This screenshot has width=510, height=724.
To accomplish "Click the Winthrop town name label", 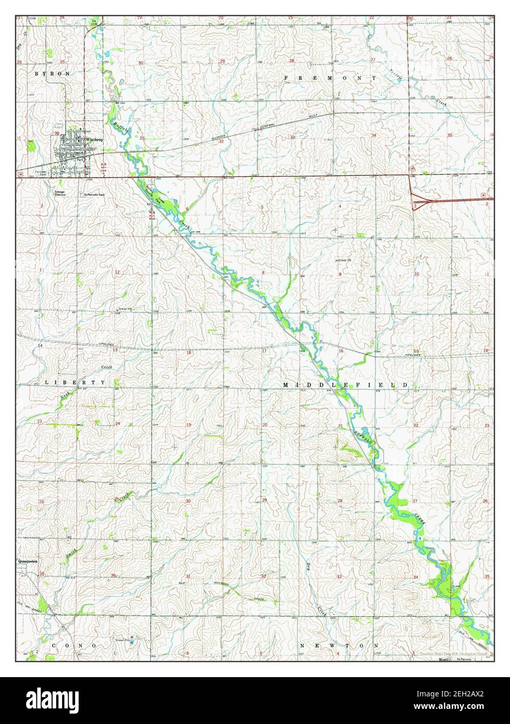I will [95, 140].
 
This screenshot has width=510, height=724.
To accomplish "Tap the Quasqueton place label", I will [30, 561].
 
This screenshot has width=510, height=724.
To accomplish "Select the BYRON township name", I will [52, 74].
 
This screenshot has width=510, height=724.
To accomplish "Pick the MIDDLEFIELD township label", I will [345, 384].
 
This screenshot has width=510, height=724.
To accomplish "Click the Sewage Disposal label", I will [60, 193].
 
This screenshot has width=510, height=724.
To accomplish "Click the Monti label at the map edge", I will [443, 659].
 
